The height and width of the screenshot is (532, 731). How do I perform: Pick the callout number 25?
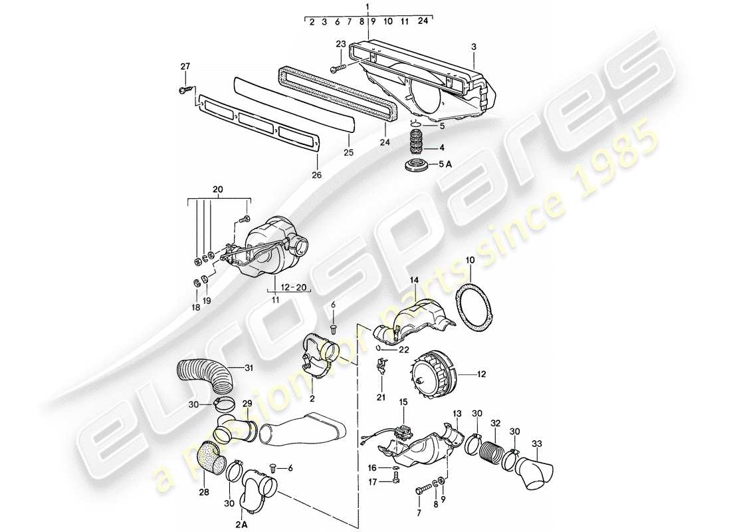point(348,153)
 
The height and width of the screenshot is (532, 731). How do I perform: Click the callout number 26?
point(316,175)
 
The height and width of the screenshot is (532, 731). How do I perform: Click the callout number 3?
point(473,47)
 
